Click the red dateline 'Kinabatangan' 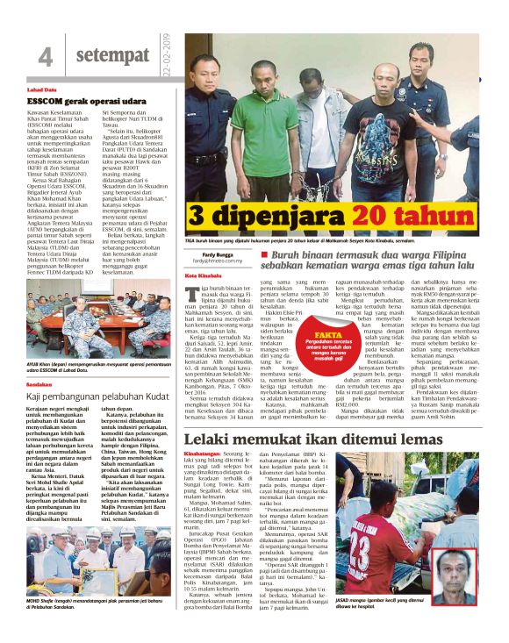tap(203, 454)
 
